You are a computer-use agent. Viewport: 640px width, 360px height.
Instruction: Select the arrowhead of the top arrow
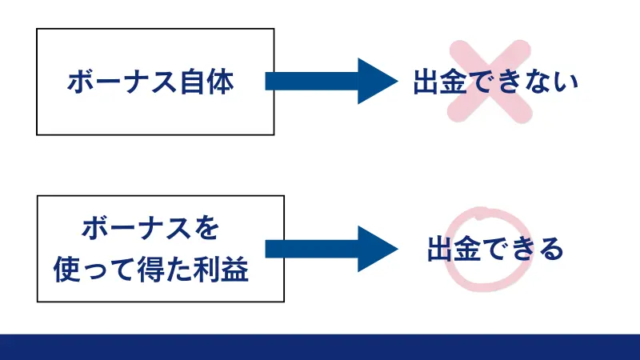[x=376, y=81]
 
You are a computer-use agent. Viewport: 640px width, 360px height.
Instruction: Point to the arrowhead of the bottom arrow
[x=376, y=249]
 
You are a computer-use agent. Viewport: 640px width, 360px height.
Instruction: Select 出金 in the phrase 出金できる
[x=451, y=250]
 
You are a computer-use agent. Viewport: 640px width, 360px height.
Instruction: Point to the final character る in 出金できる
[x=550, y=250]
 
